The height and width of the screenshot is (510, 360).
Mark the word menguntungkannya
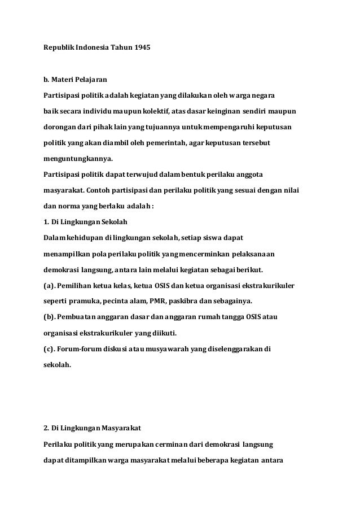tap(78, 159)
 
